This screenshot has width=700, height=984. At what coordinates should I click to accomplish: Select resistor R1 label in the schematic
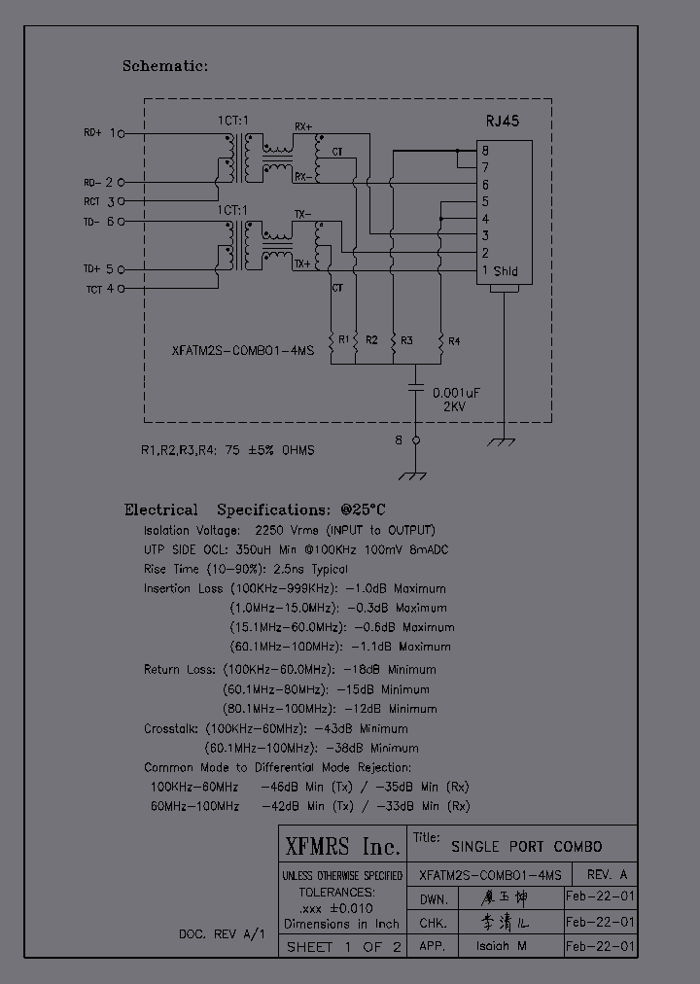click(344, 339)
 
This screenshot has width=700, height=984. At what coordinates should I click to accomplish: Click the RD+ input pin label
click(92, 132)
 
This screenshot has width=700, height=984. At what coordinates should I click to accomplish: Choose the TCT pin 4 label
click(94, 289)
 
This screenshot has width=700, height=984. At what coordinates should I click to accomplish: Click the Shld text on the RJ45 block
click(507, 270)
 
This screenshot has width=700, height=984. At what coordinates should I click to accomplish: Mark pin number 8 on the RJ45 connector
click(484, 150)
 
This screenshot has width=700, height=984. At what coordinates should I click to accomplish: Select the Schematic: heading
click(164, 66)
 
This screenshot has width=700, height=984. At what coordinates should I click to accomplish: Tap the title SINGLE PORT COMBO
click(525, 846)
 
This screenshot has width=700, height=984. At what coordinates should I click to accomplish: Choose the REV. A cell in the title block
click(605, 874)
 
